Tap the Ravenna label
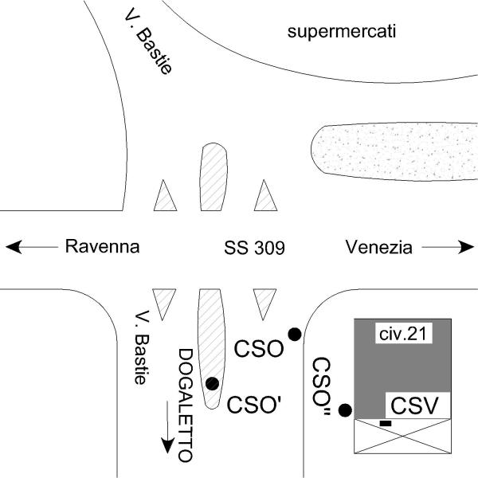tap(102, 247)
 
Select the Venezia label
tap(379, 247)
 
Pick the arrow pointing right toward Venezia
tap(446, 248)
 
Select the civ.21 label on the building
tap(403, 335)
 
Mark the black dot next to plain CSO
tap(294, 335)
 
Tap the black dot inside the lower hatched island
tap(212, 383)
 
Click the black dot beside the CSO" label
tap(345, 410)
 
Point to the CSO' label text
tap(253, 402)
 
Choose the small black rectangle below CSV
tap(386, 423)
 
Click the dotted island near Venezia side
tap(390, 152)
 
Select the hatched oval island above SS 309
tap(213, 177)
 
